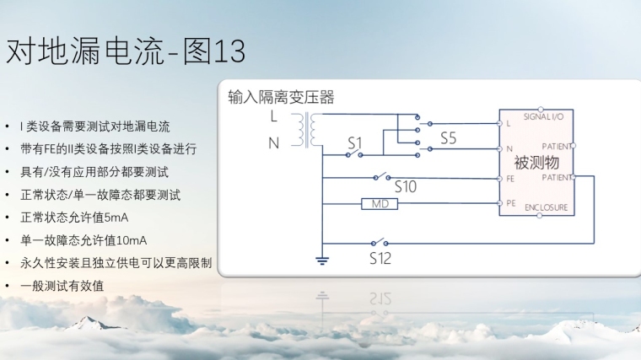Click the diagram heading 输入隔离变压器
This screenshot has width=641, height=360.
pyautogui.click(x=281, y=98)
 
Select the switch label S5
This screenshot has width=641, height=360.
pyautogui.click(x=448, y=138)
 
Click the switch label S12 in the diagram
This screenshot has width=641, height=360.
pyautogui.click(x=380, y=258)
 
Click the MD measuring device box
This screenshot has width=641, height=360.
pyautogui.click(x=378, y=204)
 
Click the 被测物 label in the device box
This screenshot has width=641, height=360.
pyautogui.click(x=536, y=162)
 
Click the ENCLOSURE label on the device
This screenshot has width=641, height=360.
pyautogui.click(x=546, y=207)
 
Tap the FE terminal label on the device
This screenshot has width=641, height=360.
pyautogui.click(x=511, y=179)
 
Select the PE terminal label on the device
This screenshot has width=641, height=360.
pyautogui.click(x=511, y=203)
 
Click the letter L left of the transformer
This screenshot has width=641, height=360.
pyautogui.click(x=273, y=116)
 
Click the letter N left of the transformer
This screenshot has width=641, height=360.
pyautogui.click(x=273, y=143)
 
